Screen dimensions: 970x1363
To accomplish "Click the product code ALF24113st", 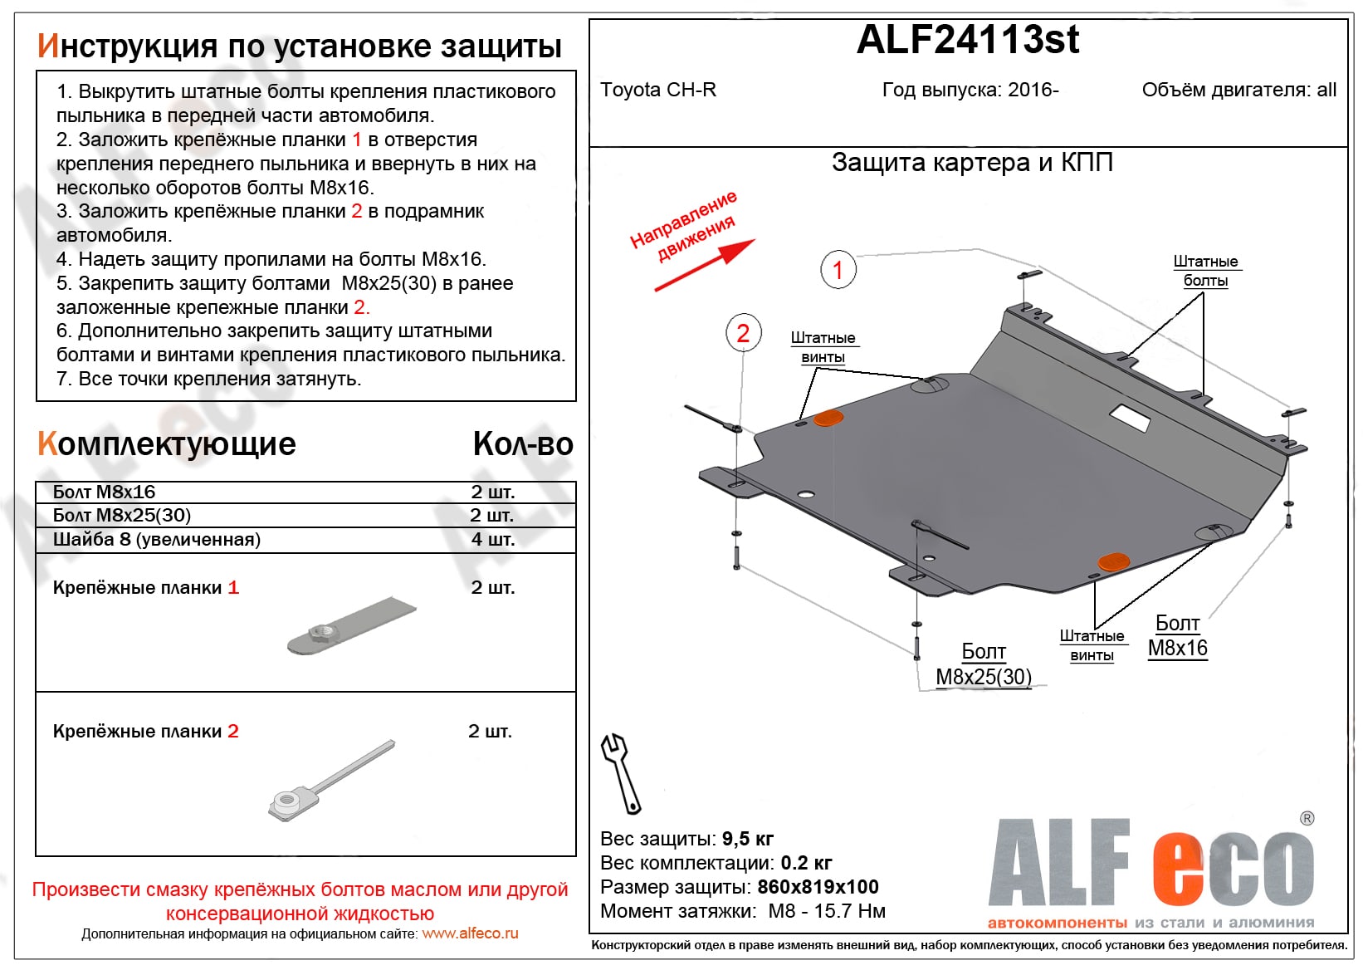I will click(x=968, y=40).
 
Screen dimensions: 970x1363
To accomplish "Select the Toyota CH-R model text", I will click(x=657, y=90).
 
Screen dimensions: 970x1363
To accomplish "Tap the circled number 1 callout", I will click(x=838, y=269).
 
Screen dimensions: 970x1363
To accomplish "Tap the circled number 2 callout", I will click(x=743, y=334).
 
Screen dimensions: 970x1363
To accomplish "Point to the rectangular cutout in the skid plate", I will click(x=1130, y=418).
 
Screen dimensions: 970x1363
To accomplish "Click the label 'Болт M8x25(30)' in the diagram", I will click(x=984, y=664).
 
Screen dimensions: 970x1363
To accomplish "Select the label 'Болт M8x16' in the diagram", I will click(x=1177, y=636).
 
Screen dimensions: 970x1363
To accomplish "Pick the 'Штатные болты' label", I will click(x=1205, y=271).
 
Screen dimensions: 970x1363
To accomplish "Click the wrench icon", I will click(x=620, y=772).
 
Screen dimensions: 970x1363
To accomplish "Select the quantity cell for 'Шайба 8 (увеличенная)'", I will click(x=493, y=540).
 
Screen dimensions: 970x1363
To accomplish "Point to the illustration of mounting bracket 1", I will click(x=350, y=626).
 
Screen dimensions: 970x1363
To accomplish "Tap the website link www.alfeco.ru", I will click(x=470, y=933).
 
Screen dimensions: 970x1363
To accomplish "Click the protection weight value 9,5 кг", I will click(x=747, y=839).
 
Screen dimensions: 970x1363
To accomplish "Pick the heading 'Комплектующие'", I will click(x=167, y=444).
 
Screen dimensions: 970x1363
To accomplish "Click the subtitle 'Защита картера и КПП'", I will click(x=972, y=163).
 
